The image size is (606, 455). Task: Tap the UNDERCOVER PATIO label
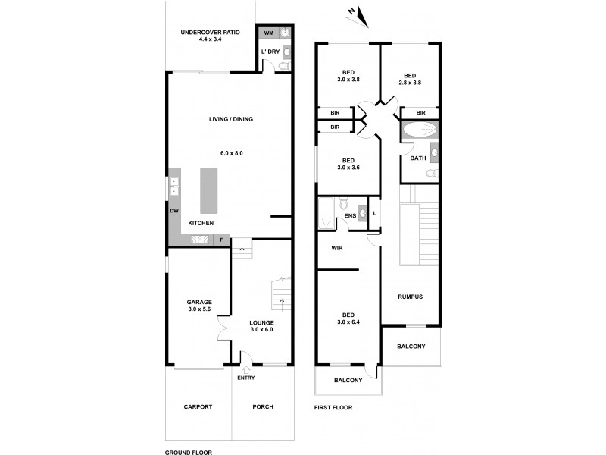(x=210, y=36)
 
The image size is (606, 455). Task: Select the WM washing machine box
(x=268, y=33)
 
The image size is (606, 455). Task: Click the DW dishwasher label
(x=173, y=211)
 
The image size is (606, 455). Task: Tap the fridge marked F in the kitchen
(x=221, y=240)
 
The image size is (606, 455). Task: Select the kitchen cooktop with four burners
(x=201, y=240)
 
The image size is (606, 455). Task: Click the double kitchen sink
(x=173, y=186)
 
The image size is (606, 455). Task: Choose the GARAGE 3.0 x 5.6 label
(x=200, y=306)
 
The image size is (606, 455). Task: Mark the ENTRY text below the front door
(x=245, y=378)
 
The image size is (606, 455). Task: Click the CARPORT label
(x=198, y=407)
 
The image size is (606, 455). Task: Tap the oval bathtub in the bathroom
(x=418, y=130)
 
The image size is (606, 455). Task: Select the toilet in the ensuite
(x=343, y=203)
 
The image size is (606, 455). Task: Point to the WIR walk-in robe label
(x=337, y=247)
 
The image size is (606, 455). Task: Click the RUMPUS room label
(x=410, y=297)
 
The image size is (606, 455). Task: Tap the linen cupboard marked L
(x=374, y=213)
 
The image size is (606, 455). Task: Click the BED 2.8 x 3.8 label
(x=410, y=79)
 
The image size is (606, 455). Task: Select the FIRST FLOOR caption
(x=333, y=407)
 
